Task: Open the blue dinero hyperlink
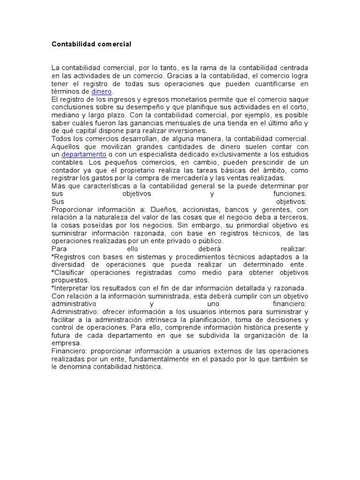102,91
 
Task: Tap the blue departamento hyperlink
83,154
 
